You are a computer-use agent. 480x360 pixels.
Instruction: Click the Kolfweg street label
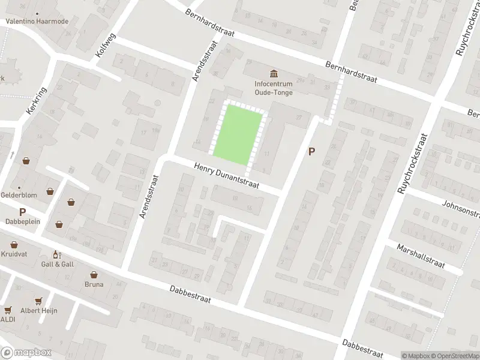point(106,46)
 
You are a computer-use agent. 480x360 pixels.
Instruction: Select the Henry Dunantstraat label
point(226,176)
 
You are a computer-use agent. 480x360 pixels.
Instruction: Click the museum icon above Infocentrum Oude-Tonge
point(274,74)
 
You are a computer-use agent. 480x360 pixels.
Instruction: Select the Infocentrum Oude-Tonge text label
point(274,88)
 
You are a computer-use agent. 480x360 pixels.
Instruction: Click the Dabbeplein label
point(23,221)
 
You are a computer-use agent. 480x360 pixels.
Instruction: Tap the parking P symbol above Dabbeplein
point(23,211)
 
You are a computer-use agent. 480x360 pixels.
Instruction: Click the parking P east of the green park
point(311,152)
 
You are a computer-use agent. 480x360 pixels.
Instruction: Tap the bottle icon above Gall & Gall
point(58,254)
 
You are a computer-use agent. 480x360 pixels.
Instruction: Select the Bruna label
point(94,284)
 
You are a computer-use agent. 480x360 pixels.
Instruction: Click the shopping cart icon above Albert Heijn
point(40,301)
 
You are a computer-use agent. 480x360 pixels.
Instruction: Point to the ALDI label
point(8,319)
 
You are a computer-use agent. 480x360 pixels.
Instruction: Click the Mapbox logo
point(26,352)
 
